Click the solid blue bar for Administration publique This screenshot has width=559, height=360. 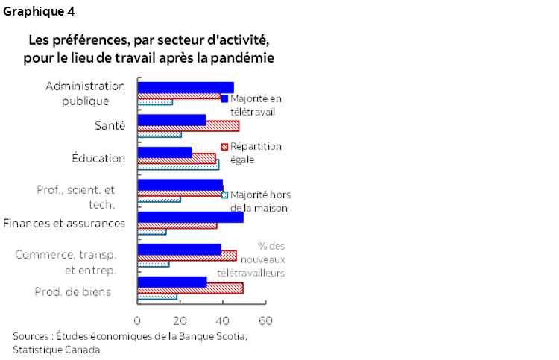tap(186, 87)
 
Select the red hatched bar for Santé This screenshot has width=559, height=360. tap(188, 126)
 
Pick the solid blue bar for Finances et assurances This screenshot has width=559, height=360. tap(190, 218)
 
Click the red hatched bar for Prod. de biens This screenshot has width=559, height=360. tap(190, 288)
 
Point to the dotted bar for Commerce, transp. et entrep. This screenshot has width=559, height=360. tap(154, 264)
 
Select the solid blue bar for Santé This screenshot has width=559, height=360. tap(171, 119)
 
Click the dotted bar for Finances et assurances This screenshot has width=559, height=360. tap(152, 232)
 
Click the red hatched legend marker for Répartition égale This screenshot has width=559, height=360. tap(224, 147)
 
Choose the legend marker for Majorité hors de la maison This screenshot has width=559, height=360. tap(224, 195)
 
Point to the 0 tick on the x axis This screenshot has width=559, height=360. tap(137, 320)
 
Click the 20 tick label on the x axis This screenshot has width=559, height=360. tap(180, 320)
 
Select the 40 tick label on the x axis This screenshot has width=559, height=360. tap(222, 320)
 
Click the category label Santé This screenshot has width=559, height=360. tap(111, 125)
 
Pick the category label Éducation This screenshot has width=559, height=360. tap(98, 158)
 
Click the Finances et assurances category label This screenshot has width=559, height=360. tap(64, 223)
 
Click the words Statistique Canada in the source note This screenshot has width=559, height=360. tap(57, 348)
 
